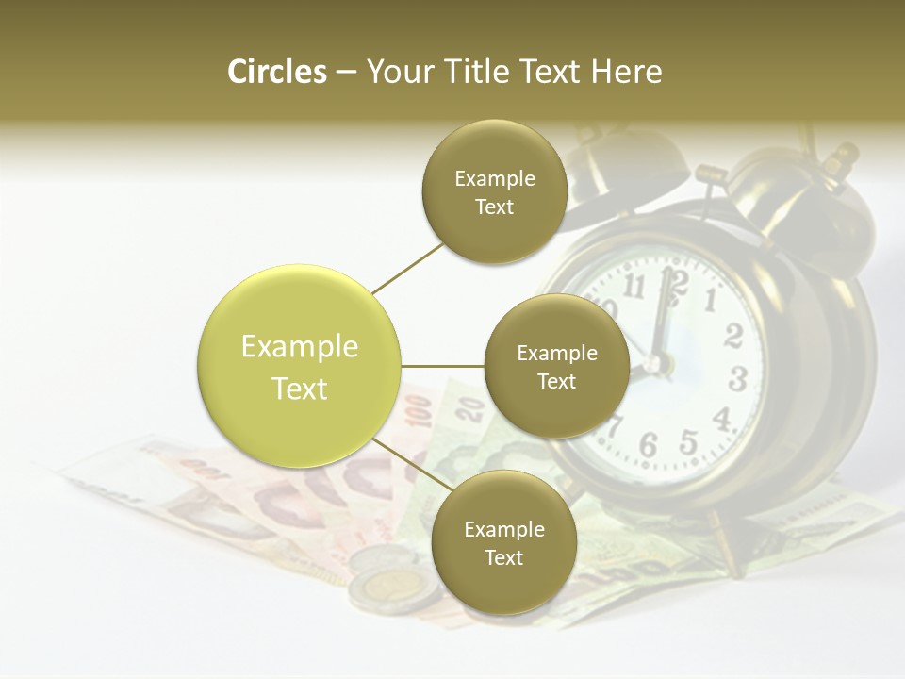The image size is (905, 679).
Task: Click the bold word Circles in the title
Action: [x=276, y=72]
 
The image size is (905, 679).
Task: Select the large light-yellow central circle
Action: [x=300, y=366]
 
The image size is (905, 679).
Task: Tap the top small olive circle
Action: [x=494, y=191]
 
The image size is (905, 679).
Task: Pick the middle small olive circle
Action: [x=556, y=366]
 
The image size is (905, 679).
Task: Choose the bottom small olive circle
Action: [x=503, y=542]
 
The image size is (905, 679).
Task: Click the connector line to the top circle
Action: [x=407, y=267]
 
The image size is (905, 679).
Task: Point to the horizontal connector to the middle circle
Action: [x=443, y=366]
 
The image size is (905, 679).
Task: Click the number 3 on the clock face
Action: [x=737, y=379]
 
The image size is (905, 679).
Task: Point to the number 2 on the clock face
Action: [x=733, y=335]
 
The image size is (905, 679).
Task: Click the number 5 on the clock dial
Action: [x=689, y=441]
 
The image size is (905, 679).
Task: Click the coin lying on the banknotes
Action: [x=391, y=588]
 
